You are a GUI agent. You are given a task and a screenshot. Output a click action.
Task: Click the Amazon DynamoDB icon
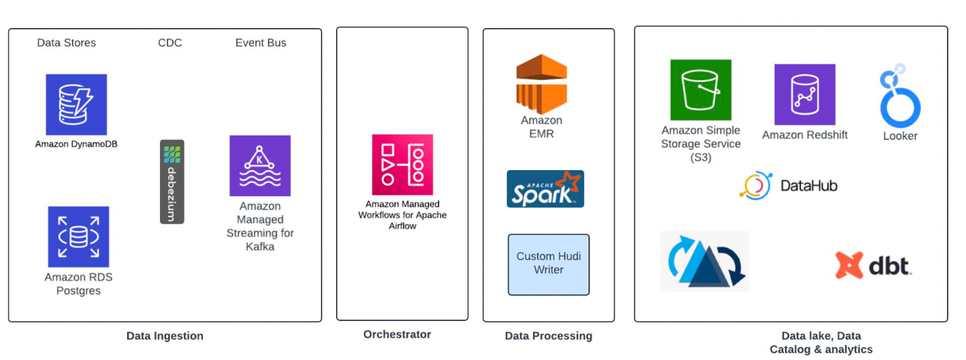(x=76, y=104)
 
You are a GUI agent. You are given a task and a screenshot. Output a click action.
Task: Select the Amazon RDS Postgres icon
(x=78, y=236)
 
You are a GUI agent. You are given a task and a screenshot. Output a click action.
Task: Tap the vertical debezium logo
(x=171, y=182)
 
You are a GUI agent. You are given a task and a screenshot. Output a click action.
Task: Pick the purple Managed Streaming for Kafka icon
(x=260, y=166)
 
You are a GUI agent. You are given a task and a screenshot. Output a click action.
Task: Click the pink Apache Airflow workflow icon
(x=402, y=164)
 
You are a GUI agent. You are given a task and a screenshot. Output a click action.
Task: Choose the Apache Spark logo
(x=545, y=189)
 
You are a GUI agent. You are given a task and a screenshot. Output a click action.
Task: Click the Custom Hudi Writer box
(x=548, y=264)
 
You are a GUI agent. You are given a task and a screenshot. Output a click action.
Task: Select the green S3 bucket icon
(x=700, y=89)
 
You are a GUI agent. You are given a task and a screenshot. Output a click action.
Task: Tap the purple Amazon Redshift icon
(x=804, y=94)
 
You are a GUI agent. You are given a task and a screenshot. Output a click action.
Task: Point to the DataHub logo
(x=788, y=185)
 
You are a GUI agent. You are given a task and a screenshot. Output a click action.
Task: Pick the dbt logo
(x=873, y=265)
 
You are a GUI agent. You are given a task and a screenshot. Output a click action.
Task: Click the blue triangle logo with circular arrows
(x=705, y=261)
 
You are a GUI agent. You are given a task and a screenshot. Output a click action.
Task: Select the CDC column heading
(x=170, y=43)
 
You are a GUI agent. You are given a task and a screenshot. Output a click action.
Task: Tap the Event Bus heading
(x=260, y=43)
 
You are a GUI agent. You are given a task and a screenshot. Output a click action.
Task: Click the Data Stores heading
(x=66, y=43)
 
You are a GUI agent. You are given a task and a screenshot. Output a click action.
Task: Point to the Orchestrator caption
(x=397, y=334)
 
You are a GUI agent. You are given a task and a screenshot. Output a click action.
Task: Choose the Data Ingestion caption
(x=164, y=336)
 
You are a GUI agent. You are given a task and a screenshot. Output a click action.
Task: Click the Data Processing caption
(x=548, y=336)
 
